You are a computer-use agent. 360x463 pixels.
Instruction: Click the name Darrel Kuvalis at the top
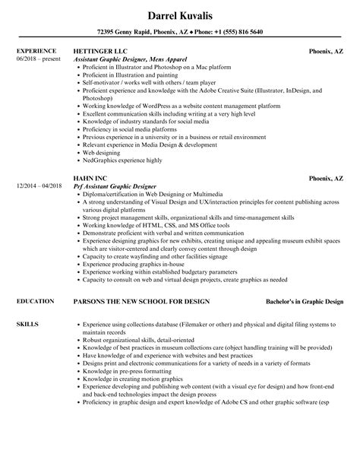(x=180, y=14)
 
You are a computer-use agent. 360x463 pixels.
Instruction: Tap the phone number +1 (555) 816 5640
(x=230, y=33)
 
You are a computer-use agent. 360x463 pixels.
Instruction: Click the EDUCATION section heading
(x=36, y=281)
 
